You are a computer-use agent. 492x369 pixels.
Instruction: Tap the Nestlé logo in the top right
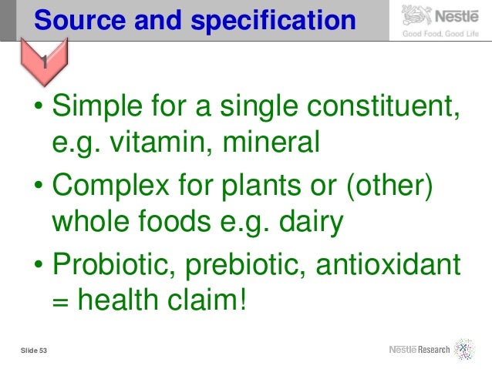[x=440, y=15]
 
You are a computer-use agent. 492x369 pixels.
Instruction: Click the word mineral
[x=261, y=142]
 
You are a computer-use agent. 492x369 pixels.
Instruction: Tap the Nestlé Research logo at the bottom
[x=431, y=349]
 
